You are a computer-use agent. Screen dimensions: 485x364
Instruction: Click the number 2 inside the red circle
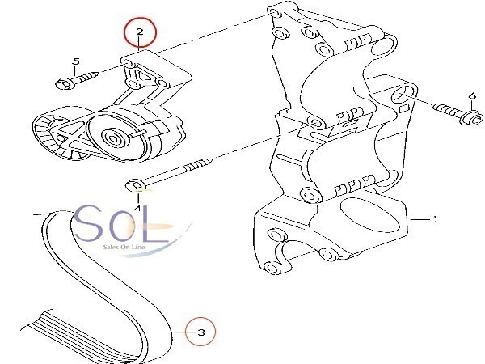139,33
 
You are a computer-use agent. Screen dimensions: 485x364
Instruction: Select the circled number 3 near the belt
201,332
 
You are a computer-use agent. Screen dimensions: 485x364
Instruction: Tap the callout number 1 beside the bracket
434,219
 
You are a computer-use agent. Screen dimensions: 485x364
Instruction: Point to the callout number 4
137,208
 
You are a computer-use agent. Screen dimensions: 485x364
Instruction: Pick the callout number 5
76,61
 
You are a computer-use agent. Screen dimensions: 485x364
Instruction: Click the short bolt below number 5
77,80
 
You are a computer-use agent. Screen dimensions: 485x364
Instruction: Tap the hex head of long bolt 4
136,187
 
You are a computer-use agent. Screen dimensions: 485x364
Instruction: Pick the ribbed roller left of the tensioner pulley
51,133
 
